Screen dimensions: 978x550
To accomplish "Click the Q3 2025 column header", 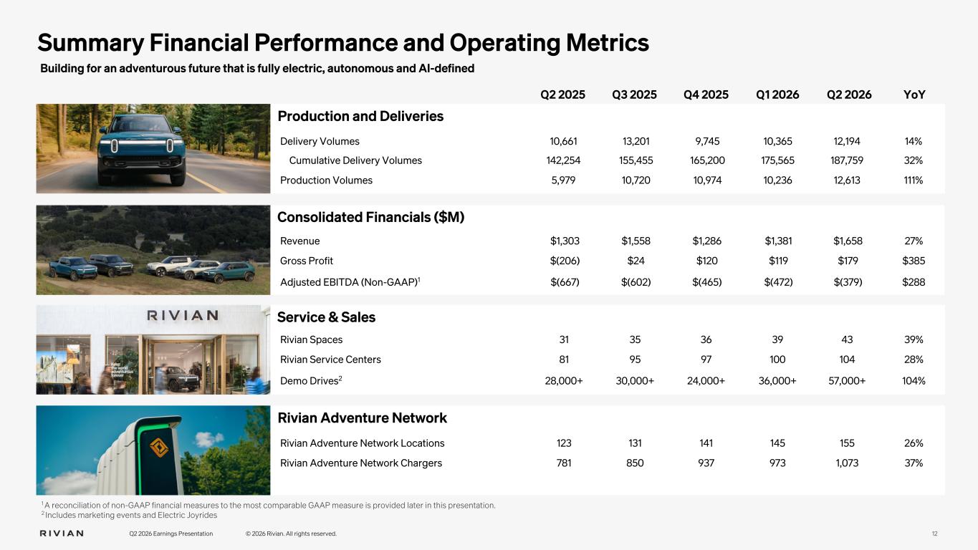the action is point(634,95).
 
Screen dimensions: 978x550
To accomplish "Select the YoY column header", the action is point(914,95).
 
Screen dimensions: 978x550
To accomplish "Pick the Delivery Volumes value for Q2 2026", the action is point(847,141).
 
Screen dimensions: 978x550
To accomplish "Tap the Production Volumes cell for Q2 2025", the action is point(563,180).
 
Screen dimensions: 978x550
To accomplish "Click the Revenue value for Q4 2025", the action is point(707,241).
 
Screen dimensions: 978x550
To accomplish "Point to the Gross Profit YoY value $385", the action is point(914,261).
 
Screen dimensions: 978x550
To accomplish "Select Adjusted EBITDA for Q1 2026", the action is point(778,282).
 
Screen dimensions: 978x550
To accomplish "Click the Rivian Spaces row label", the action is point(311,339).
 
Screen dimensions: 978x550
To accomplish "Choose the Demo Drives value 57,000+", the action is point(847,381).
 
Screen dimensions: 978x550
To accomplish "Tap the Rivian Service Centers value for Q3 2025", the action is point(635,360).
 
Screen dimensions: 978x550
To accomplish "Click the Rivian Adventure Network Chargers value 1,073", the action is point(847,463).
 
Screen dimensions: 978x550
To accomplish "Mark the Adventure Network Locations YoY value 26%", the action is point(914,443).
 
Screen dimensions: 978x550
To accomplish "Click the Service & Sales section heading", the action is point(326,317).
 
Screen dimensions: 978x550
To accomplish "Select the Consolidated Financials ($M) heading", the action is point(370,217).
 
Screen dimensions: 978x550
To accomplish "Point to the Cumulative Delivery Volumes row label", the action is point(355,160).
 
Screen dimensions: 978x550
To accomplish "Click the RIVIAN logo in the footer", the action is point(62,534).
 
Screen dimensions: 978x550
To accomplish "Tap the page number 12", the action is point(935,534).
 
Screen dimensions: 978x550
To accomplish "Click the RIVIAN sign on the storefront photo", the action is point(183,315).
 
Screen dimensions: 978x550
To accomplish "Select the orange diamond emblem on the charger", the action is point(159,448).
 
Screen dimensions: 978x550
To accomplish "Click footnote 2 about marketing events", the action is point(129,515).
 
